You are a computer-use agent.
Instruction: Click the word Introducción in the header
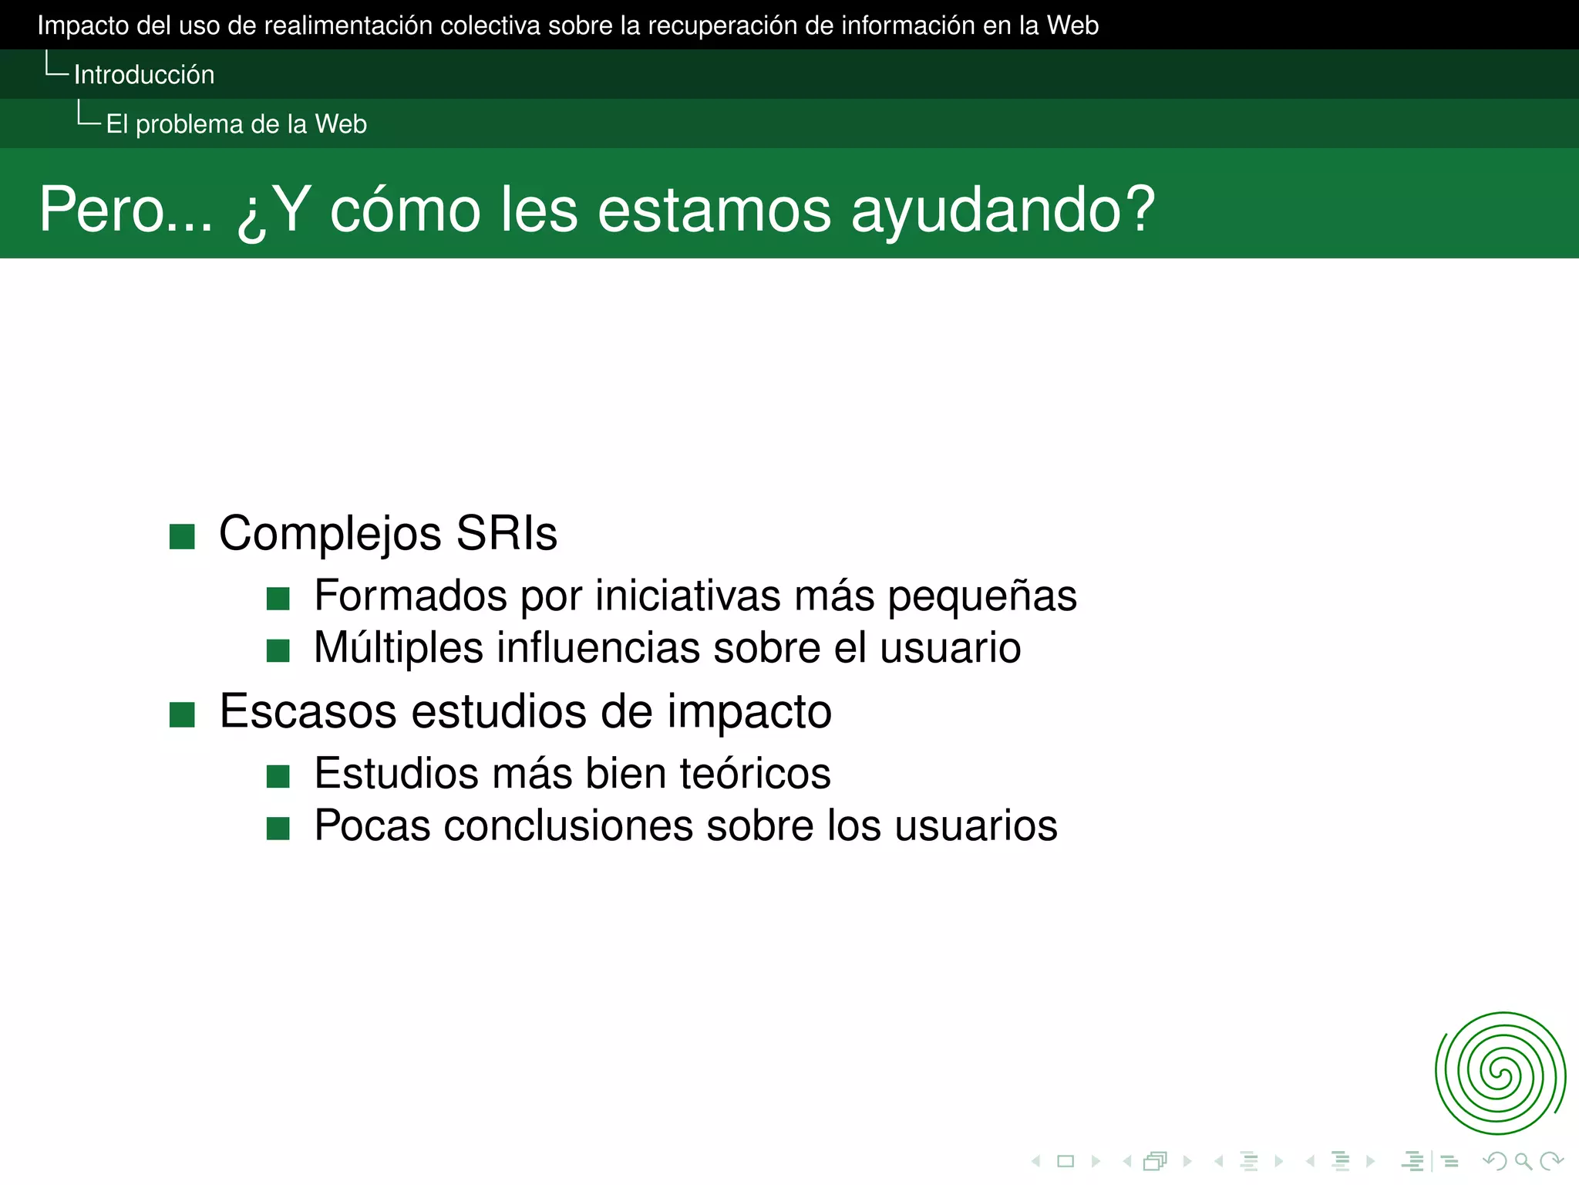click(x=144, y=75)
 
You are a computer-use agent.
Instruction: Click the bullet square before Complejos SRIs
click(x=182, y=536)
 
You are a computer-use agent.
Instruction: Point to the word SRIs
click(x=507, y=533)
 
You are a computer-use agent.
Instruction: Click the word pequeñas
click(x=981, y=596)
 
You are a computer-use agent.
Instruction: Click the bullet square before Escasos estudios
click(x=182, y=714)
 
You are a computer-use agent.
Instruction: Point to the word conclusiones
click(x=568, y=825)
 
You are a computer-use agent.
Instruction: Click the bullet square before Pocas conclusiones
click(x=278, y=829)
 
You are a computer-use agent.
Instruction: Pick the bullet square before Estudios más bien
click(x=278, y=776)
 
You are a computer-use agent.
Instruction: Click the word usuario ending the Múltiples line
click(x=950, y=648)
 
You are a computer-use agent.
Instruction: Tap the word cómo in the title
click(x=406, y=209)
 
